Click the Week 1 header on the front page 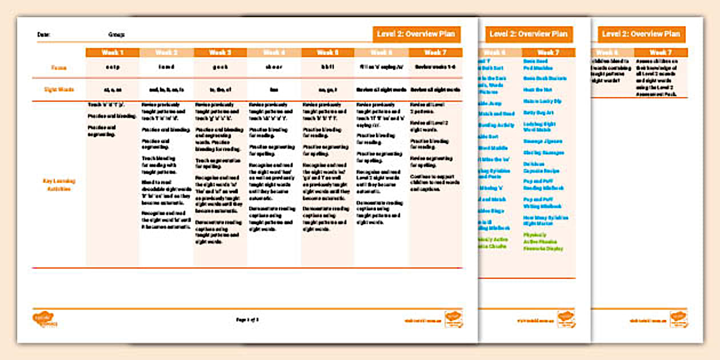113,53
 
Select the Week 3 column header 220,53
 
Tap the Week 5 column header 327,53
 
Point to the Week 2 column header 166,53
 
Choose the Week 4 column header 274,53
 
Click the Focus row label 59,68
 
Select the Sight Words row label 59,90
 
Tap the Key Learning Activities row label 59,185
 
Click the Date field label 43,35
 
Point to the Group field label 116,35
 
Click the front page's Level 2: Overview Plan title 416,34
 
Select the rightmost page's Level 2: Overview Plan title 642,34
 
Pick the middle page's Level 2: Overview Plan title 529,34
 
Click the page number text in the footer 247,319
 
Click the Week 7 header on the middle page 548,53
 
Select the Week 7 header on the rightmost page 661,53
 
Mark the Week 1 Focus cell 113,68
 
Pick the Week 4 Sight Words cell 274,90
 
